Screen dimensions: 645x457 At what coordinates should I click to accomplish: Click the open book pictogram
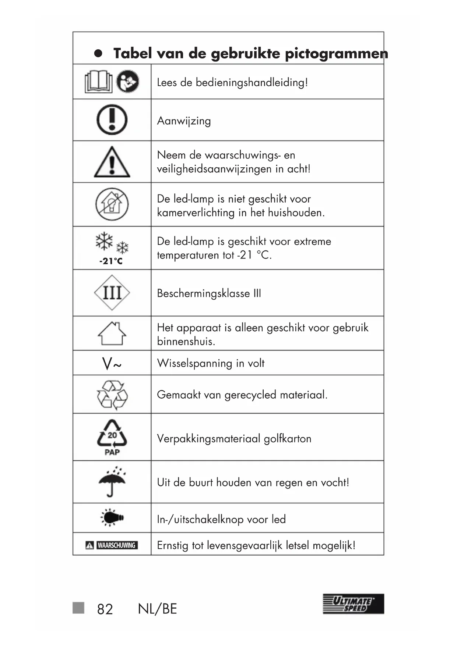pos(98,82)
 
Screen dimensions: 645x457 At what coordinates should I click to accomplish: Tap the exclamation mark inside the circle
pos(112,120)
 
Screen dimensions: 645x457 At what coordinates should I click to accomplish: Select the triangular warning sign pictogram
pos(112,162)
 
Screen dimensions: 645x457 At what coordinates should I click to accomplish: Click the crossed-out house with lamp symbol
pos(112,204)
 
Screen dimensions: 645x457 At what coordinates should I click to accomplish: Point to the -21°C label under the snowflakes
pos(111,261)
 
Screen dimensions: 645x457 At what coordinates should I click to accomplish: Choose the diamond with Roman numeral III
pos(112,293)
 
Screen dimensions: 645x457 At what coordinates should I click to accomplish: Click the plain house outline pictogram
pos(112,333)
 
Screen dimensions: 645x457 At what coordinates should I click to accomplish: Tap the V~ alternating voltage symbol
pos(112,364)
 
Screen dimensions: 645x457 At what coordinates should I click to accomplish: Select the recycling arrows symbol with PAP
pos(112,437)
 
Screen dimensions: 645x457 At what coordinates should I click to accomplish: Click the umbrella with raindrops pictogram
pos(112,481)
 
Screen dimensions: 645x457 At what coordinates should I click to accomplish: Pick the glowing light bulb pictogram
pos(112,518)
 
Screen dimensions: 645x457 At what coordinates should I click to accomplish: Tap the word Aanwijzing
pos(184,121)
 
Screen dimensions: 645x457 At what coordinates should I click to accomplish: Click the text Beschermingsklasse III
pos(209,293)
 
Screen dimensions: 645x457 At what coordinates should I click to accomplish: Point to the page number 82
pos(105,609)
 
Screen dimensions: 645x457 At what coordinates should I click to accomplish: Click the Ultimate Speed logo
pos(353,604)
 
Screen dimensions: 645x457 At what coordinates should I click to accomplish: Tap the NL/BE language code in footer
pos(157,609)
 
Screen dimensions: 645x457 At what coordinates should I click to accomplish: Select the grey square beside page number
pos(78,608)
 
